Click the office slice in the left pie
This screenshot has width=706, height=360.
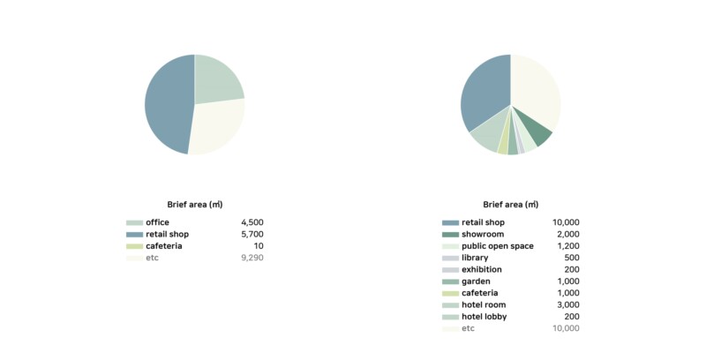tap(215, 79)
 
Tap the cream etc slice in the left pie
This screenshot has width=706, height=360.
tap(217, 128)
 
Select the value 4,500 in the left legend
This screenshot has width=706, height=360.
tap(252, 222)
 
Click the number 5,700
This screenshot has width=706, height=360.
tap(252, 234)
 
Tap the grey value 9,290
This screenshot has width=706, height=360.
tap(252, 258)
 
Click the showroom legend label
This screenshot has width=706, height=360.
tap(484, 234)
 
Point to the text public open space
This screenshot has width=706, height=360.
tap(497, 246)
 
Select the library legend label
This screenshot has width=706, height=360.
tap(475, 258)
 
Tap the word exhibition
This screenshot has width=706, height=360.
tap(482, 269)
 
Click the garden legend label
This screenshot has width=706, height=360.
tap(477, 281)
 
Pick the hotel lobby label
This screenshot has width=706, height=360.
tap(484, 317)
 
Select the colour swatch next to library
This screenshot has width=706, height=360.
tap(450, 258)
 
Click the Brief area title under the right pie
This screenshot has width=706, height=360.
tap(510, 205)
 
